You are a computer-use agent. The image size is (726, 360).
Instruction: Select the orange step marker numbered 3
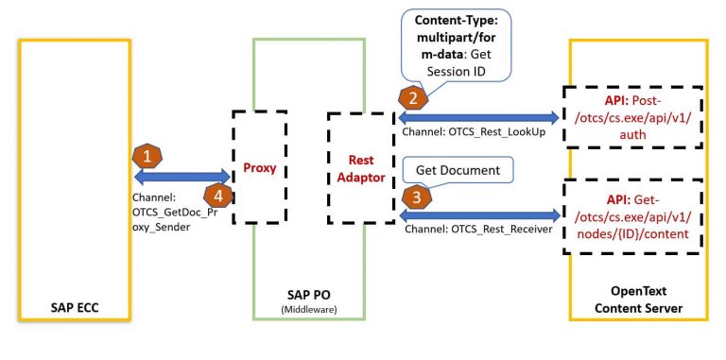pos(413,197)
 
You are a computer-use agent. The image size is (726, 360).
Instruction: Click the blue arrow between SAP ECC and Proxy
pos(184,176)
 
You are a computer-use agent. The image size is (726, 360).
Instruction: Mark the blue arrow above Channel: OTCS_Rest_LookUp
pos(478,116)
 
